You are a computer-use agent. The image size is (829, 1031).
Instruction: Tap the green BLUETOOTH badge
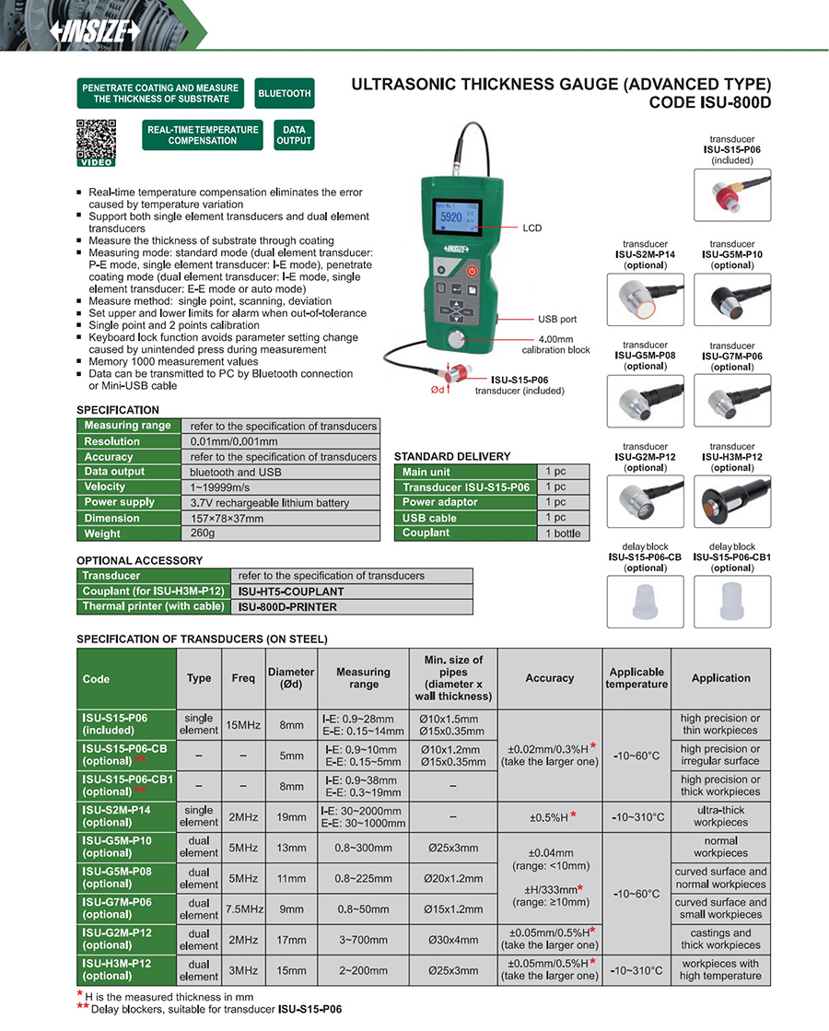click(285, 94)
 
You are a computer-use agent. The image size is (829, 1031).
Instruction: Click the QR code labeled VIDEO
click(96, 141)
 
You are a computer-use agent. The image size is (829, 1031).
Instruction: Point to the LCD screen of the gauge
click(457, 220)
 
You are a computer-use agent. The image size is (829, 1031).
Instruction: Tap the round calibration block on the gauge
click(458, 341)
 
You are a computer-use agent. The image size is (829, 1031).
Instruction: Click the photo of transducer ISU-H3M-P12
click(732, 500)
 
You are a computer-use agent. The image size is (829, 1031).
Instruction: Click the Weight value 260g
click(203, 533)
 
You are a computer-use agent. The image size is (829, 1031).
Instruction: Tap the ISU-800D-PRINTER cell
click(287, 607)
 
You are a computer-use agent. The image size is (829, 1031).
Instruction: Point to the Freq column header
click(243, 679)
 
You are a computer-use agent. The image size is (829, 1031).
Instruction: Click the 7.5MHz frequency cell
click(243, 908)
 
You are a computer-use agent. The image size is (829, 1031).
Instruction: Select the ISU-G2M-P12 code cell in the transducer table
click(126, 939)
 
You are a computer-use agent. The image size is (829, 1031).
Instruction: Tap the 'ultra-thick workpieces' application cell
click(720, 816)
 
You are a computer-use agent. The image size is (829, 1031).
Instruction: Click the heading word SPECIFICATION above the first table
click(118, 410)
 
